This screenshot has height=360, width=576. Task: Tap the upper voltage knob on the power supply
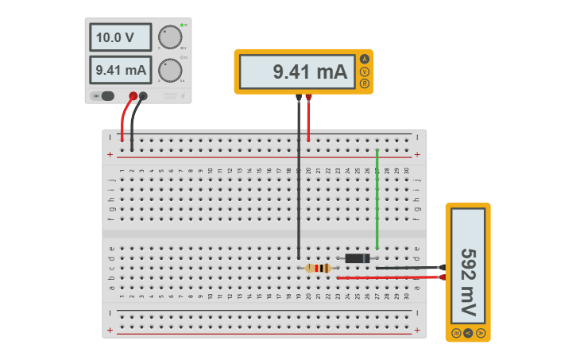[169, 37]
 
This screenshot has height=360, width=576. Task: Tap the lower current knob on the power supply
[169, 70]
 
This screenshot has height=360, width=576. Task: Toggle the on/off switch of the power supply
[104, 96]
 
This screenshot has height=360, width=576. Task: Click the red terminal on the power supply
[133, 96]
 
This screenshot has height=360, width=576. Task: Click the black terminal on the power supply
[143, 96]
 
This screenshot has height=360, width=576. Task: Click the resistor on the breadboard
[319, 269]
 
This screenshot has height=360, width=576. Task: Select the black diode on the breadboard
[357, 257]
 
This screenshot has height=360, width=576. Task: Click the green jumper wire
[377, 199]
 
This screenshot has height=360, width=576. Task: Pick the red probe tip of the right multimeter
[443, 277]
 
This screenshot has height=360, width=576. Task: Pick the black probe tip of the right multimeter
[443, 267]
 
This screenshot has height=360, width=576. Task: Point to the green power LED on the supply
[182, 25]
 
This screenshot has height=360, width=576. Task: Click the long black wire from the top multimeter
[299, 183]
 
